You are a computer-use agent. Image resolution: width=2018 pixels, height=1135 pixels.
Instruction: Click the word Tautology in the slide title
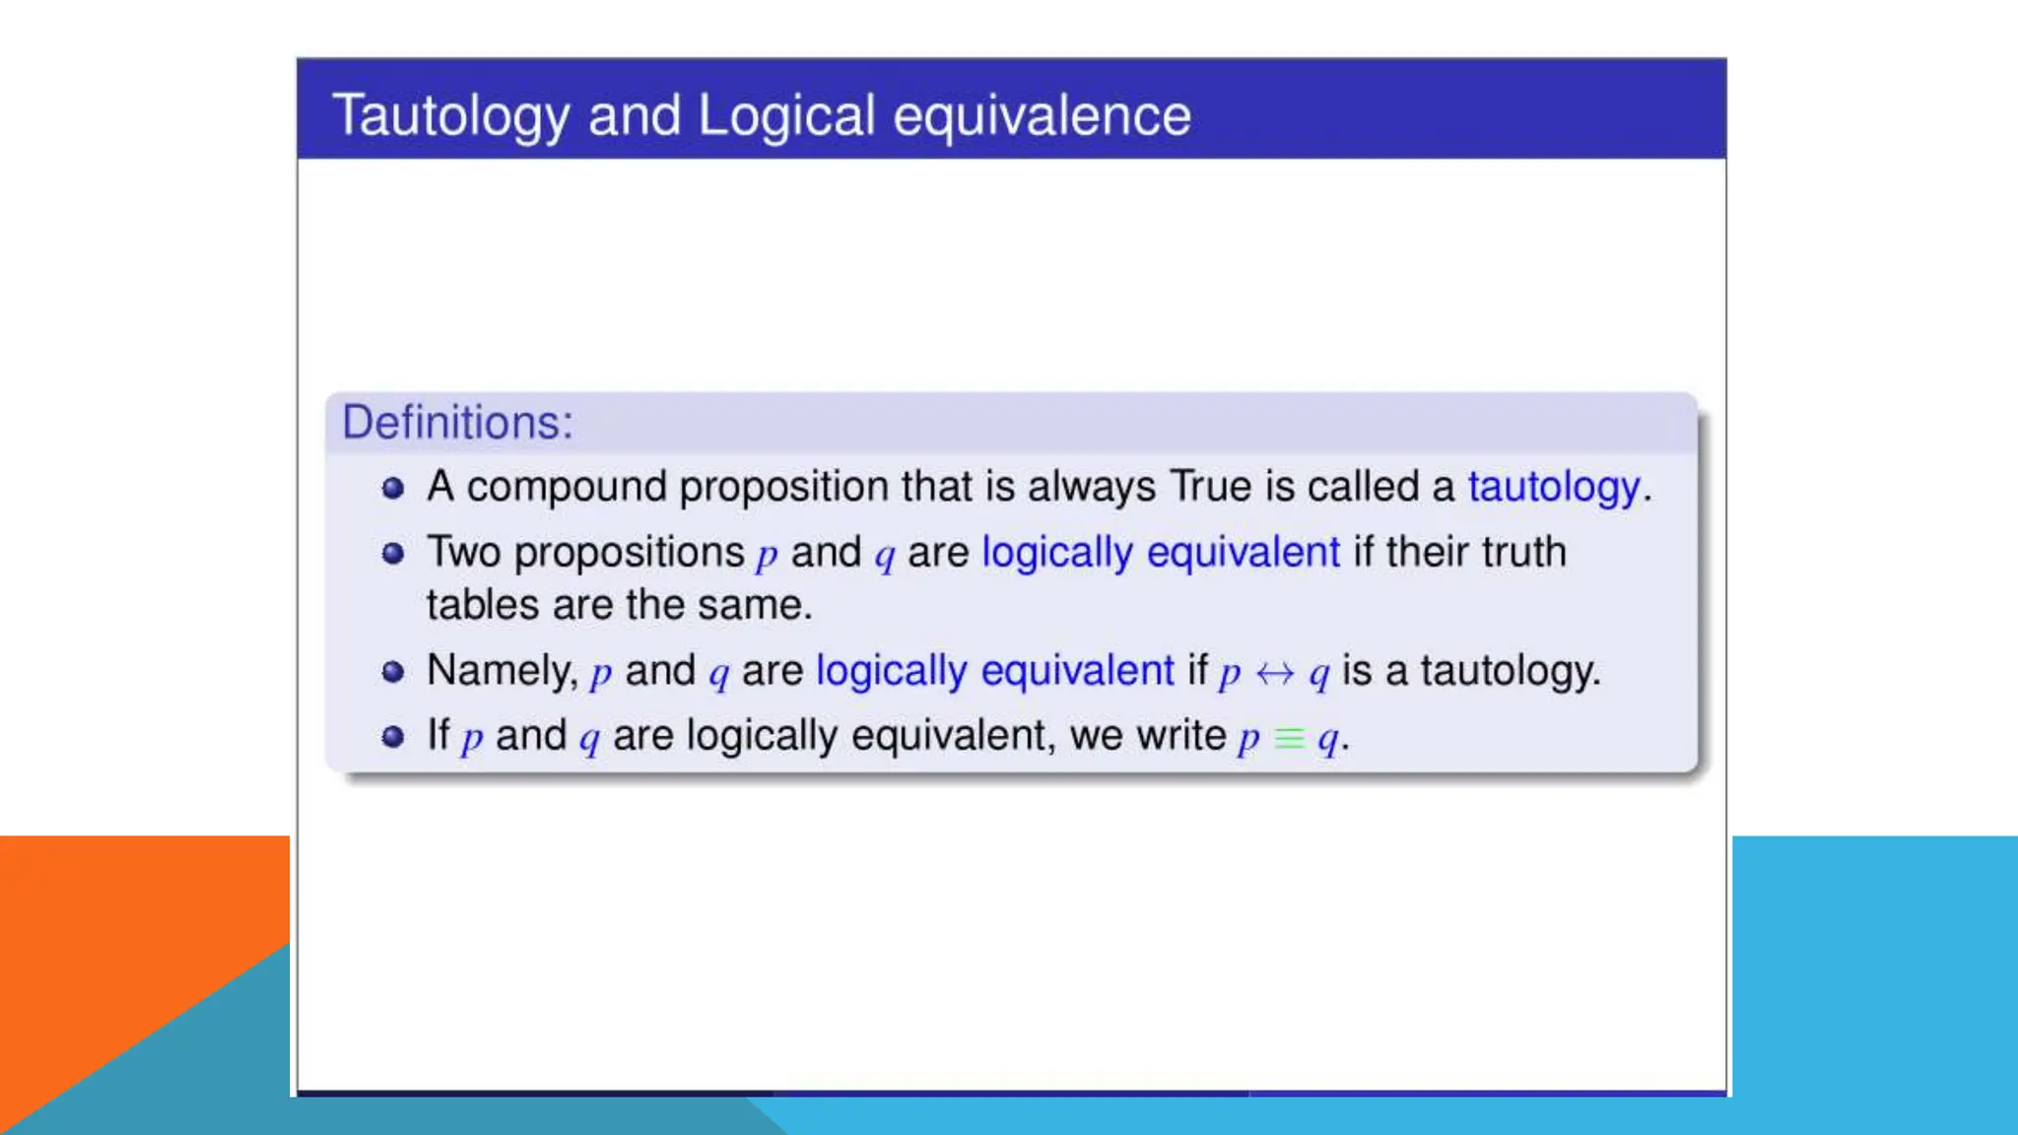(450, 116)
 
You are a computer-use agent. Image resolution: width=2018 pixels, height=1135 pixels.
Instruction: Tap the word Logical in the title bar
(786, 116)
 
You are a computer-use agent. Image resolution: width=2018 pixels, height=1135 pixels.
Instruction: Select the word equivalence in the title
(1042, 116)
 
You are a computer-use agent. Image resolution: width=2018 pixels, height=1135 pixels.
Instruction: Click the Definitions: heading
(457, 423)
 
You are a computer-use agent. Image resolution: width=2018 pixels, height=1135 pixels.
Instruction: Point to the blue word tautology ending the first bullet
(1554, 487)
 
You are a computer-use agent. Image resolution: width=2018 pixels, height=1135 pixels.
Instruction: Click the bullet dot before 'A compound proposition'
(393, 488)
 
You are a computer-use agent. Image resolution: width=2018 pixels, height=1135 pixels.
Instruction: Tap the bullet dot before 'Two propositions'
(393, 553)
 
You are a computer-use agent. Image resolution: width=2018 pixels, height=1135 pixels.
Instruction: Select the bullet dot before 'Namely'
(393, 672)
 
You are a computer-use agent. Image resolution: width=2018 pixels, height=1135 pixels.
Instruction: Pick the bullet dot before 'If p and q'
(393, 737)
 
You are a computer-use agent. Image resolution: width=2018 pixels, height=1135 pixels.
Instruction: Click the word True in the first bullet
(1211, 487)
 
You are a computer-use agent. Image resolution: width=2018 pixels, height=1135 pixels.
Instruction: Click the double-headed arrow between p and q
(1275, 674)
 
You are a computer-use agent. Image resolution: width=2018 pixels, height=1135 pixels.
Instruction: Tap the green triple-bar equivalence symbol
(1289, 738)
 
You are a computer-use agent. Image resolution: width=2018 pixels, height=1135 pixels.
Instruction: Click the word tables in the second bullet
(483, 605)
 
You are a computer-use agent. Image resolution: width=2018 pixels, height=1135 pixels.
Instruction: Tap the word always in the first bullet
(1092, 487)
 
